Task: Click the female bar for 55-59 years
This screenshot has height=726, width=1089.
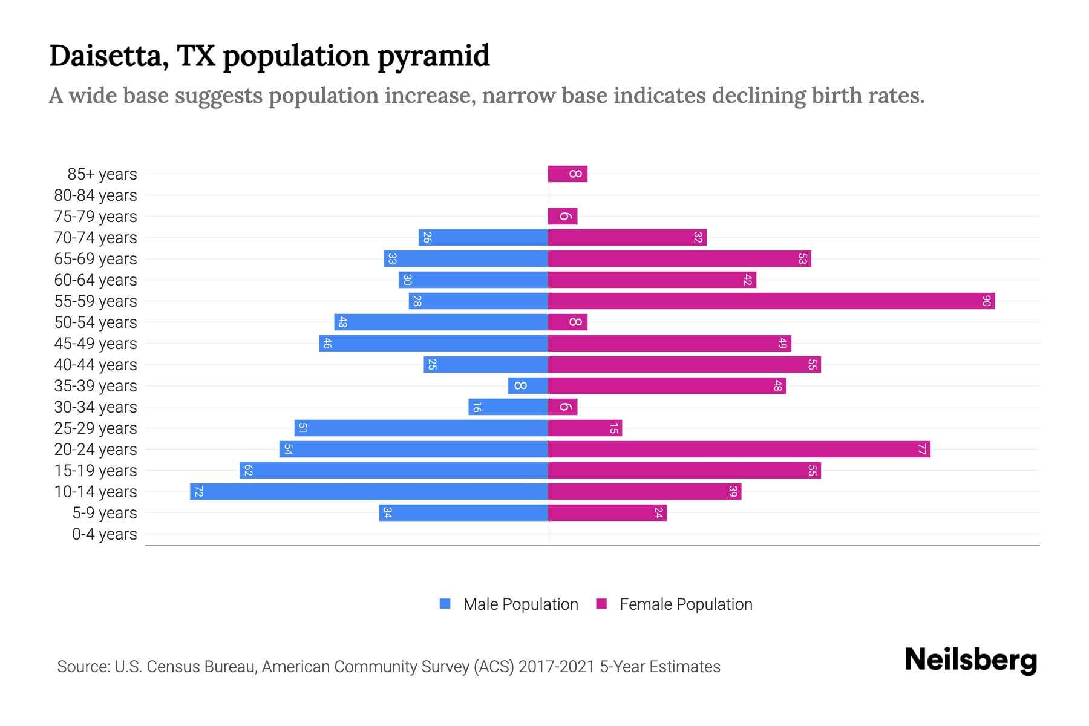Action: pyautogui.click(x=771, y=301)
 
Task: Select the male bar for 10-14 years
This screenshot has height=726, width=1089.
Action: pyautogui.click(x=369, y=491)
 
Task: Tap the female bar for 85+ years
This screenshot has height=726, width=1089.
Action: pyautogui.click(x=567, y=174)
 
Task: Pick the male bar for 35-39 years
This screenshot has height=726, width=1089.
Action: pyautogui.click(x=528, y=385)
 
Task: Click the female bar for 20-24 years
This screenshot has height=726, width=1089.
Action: pyautogui.click(x=738, y=449)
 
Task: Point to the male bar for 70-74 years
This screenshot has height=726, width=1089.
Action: pyautogui.click(x=483, y=237)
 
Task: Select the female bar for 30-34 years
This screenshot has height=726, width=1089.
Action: pyautogui.click(x=563, y=407)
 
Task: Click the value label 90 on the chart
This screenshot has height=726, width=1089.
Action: pyautogui.click(x=986, y=301)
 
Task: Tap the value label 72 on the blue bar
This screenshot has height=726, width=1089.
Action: pyautogui.click(x=198, y=491)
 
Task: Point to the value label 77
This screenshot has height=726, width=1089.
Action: pyautogui.click(x=921, y=449)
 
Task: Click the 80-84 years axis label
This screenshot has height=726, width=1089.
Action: pyautogui.click(x=96, y=195)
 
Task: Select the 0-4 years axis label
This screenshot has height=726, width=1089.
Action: pyautogui.click(x=104, y=534)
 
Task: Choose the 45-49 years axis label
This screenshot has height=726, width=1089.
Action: pyautogui.click(x=96, y=344)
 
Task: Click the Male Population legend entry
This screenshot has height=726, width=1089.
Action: pyautogui.click(x=520, y=604)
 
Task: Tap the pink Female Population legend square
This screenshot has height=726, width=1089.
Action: pyautogui.click(x=601, y=604)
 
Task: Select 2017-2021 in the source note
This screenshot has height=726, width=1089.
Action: pyautogui.click(x=557, y=667)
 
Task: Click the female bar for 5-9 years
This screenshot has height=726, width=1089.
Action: pyautogui.click(x=607, y=512)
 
